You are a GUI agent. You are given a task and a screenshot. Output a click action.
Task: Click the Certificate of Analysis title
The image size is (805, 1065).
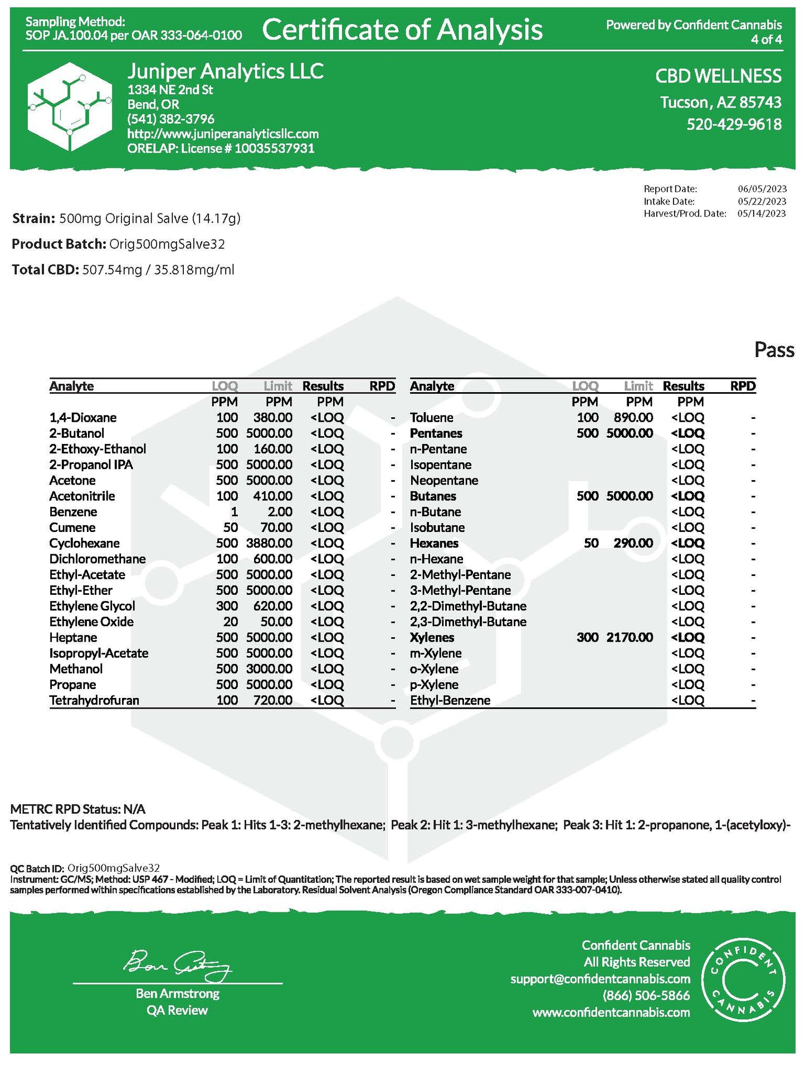(x=402, y=30)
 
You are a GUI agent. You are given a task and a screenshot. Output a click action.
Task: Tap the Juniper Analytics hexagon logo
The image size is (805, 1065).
(x=70, y=106)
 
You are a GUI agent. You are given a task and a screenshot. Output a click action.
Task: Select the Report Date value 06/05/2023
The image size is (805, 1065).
(x=762, y=189)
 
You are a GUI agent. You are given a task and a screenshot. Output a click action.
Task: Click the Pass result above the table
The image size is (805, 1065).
(x=774, y=350)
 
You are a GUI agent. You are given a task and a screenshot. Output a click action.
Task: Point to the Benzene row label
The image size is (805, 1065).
(x=73, y=512)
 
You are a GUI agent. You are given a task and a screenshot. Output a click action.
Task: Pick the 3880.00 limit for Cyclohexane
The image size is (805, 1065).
(x=269, y=543)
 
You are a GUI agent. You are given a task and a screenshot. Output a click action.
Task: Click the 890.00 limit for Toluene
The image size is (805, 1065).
(x=633, y=418)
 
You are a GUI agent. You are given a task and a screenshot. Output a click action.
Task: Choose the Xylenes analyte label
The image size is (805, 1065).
(x=432, y=637)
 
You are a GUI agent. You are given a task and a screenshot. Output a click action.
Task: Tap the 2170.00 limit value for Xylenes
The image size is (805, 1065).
(x=630, y=637)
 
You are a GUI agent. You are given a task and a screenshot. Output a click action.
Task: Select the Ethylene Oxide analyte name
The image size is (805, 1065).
(x=91, y=622)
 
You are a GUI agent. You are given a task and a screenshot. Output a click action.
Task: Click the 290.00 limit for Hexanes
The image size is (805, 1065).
(x=633, y=543)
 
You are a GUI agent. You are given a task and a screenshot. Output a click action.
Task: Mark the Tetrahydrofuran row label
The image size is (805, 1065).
(x=94, y=700)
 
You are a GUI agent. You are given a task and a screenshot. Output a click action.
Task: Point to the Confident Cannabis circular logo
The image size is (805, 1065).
(x=743, y=979)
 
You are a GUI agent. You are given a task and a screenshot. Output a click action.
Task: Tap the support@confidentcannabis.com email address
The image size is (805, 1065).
(x=600, y=979)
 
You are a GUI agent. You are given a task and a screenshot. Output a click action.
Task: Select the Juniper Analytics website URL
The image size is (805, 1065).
(x=223, y=134)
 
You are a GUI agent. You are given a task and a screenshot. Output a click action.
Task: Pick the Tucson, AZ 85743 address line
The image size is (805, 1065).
(x=720, y=102)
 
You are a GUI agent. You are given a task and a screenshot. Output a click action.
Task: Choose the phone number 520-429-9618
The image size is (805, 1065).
(x=734, y=124)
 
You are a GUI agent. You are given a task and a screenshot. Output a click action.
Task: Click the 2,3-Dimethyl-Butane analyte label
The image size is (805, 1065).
(x=468, y=622)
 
